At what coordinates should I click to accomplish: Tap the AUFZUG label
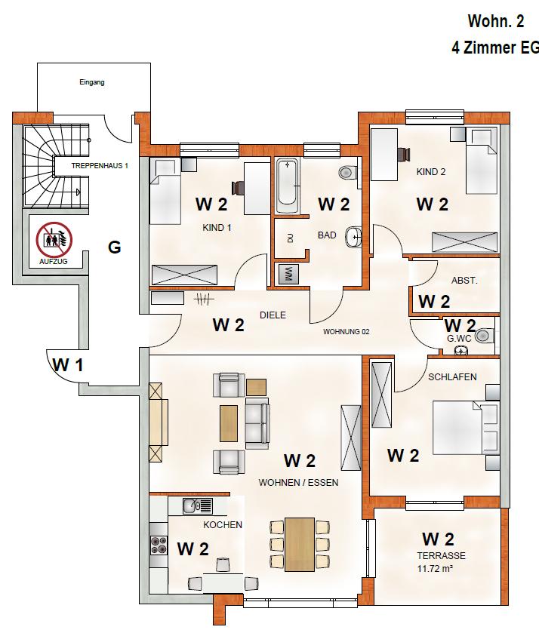[54, 262]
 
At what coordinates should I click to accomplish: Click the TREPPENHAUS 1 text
[100, 165]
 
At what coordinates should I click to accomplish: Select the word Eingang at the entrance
[91, 82]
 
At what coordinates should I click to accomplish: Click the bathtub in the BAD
[288, 186]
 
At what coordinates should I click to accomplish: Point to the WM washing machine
[287, 273]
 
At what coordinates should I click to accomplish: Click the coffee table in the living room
[230, 422]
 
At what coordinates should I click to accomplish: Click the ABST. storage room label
[464, 280]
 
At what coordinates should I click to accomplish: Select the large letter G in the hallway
[115, 247]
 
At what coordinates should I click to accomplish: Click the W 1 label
[68, 366]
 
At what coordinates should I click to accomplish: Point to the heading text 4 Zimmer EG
[494, 48]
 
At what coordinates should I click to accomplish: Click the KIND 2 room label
[431, 171]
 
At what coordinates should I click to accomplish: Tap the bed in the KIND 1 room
[166, 192]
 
